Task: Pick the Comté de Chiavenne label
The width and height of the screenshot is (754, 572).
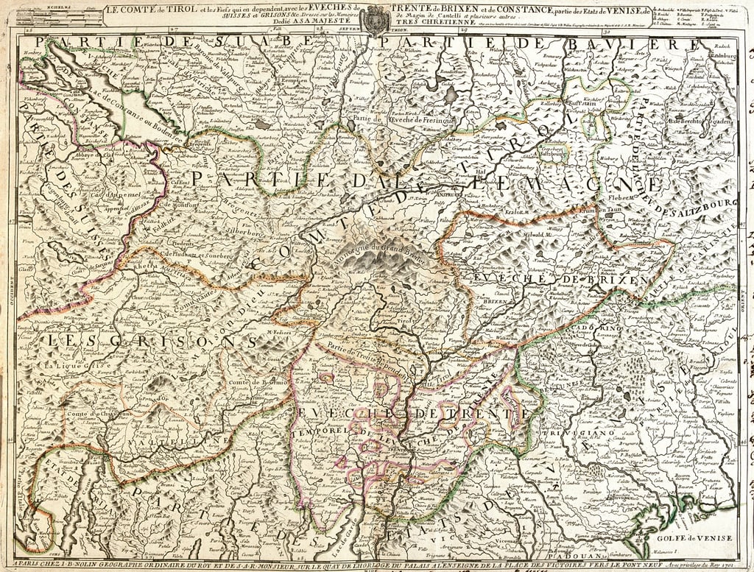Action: [92, 414]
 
